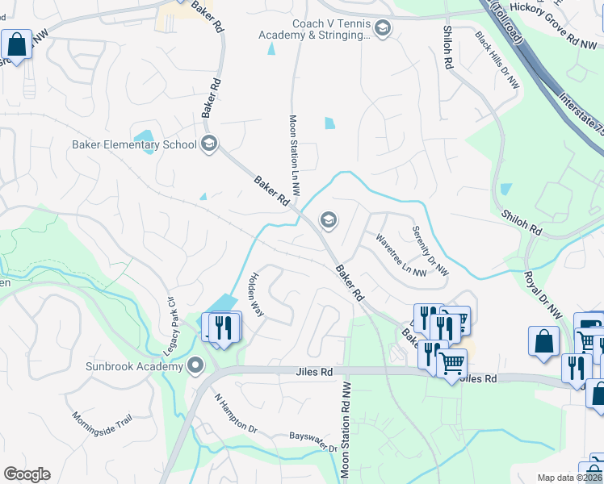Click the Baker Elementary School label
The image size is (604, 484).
click(134, 145)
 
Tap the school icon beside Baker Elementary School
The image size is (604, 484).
click(209, 145)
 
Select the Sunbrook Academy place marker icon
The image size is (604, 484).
click(195, 368)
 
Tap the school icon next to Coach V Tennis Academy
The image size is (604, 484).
click(382, 30)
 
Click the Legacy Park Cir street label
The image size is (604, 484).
click(171, 311)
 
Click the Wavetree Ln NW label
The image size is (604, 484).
click(400, 255)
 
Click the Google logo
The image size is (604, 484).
click(27, 474)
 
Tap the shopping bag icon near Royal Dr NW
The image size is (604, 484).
click(544, 340)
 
